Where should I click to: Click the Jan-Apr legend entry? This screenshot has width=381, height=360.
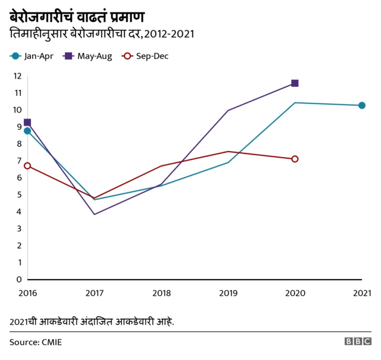(33, 56)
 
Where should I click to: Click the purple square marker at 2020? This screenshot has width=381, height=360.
(295, 83)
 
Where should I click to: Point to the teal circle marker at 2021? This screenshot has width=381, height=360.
(362, 105)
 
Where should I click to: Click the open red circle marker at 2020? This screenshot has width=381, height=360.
(295, 159)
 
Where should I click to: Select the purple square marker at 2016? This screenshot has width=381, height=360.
(27, 123)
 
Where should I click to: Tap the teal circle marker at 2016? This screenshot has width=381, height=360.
(27, 131)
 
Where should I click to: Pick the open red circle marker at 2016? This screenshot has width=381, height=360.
(27, 165)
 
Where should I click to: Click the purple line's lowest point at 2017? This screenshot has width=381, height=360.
(94, 214)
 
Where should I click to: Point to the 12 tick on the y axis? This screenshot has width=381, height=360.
(17, 76)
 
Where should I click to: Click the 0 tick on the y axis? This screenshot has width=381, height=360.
(19, 279)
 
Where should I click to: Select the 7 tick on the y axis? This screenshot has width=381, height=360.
(19, 161)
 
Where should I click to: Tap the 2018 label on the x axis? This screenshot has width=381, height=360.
(161, 293)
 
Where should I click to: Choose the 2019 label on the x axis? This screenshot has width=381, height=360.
(228, 293)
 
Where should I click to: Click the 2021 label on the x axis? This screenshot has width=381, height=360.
(362, 293)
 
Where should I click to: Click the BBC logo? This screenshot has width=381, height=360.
(357, 342)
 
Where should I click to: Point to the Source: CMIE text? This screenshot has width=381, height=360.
(36, 342)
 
